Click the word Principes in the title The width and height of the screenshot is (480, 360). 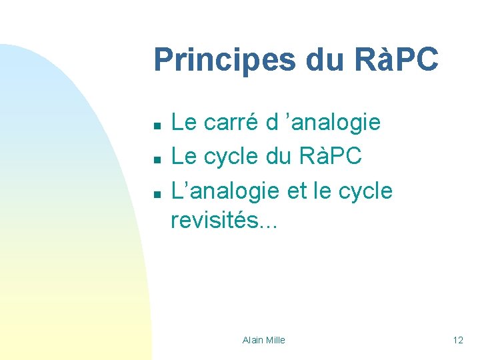point(225,60)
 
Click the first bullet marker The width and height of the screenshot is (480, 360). point(155,125)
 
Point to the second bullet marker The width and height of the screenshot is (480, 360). point(155,159)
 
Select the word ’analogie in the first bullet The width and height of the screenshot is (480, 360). point(335,123)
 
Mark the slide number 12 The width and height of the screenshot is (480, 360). point(458,340)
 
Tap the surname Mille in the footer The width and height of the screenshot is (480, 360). point(275,340)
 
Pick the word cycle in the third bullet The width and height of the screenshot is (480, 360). point(365,191)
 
